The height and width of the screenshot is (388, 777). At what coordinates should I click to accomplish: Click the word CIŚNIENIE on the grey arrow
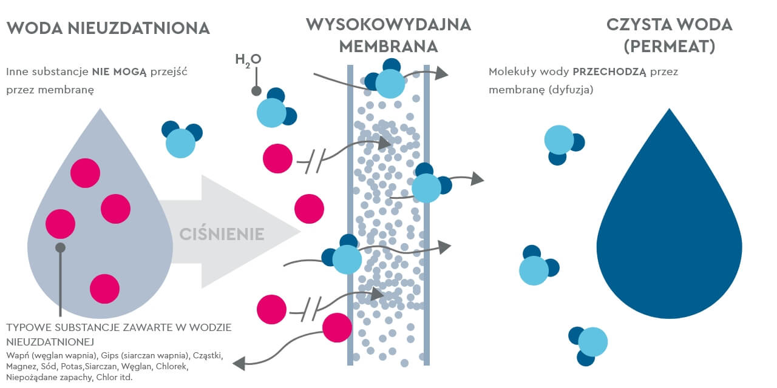click(x=222, y=234)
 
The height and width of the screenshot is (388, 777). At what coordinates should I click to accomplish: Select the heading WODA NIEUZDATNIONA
click(x=108, y=28)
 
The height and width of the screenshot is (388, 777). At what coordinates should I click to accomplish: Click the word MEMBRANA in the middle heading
click(x=388, y=46)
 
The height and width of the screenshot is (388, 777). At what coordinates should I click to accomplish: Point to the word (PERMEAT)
click(x=670, y=46)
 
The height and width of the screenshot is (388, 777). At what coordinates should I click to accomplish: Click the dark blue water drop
click(x=670, y=236)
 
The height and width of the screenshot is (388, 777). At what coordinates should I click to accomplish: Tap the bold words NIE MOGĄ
click(x=120, y=72)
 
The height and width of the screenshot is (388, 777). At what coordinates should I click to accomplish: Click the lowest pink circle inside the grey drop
click(x=104, y=289)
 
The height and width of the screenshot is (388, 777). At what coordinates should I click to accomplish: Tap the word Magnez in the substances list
click(x=22, y=366)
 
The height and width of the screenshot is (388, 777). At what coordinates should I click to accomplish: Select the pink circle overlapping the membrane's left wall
click(x=337, y=327)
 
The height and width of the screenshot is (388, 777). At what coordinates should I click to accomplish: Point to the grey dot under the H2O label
click(x=256, y=91)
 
